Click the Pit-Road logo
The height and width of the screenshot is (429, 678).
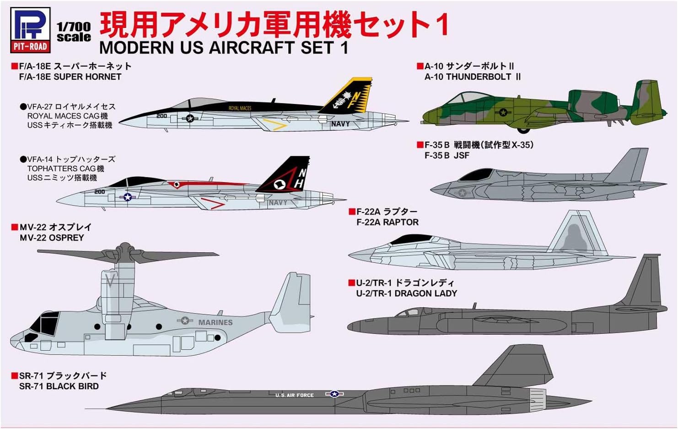click(30, 29)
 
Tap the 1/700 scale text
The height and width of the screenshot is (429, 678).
click(74, 32)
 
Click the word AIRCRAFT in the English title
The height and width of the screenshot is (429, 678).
click(250, 48)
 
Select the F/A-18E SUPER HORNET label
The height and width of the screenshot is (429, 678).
click(70, 76)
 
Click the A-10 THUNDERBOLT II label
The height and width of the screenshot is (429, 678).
click(472, 76)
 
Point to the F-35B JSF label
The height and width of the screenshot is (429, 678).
click(447, 155)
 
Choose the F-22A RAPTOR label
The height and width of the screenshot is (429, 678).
click(387, 222)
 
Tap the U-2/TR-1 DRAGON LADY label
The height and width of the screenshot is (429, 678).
click(406, 293)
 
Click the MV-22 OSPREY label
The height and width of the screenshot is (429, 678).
click(52, 238)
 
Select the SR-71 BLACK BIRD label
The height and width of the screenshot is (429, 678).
click(59, 386)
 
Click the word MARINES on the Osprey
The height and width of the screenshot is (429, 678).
click(215, 322)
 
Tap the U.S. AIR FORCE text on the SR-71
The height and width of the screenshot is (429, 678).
click(295, 395)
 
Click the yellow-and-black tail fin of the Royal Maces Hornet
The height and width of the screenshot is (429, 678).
click(349, 96)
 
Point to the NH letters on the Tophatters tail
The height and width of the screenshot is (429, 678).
click(300, 179)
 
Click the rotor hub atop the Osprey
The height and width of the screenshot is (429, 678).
click(124, 251)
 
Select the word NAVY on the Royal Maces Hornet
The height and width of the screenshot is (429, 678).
click(340, 124)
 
